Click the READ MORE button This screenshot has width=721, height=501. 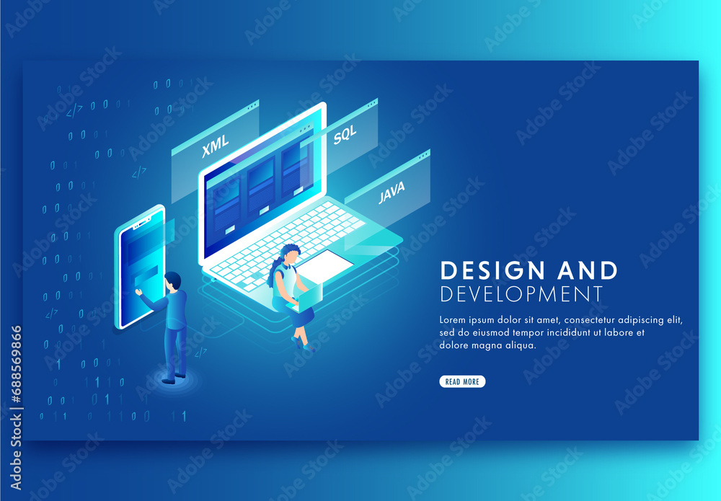tap(462, 381)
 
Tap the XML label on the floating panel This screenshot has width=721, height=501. tap(215, 146)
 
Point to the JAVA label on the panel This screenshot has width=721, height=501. tap(392, 192)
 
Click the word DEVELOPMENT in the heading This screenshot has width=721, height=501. tap(521, 294)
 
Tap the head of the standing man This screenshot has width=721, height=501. tap(172, 280)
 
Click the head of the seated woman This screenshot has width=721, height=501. tap(291, 254)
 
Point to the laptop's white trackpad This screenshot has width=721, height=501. tap(325, 264)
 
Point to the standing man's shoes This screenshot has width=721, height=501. tap(174, 377)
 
